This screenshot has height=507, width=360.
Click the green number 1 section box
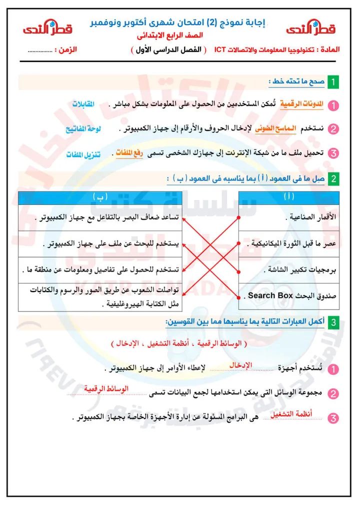(x=333, y=81)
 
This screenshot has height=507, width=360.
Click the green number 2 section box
(x=333, y=179)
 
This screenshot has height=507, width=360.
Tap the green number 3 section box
(x=333, y=322)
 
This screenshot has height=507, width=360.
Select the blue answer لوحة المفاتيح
(x=83, y=128)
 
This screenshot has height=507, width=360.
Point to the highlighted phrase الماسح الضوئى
(x=276, y=128)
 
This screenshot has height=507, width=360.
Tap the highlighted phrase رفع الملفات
(x=129, y=152)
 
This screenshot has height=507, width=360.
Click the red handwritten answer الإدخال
(x=241, y=365)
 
